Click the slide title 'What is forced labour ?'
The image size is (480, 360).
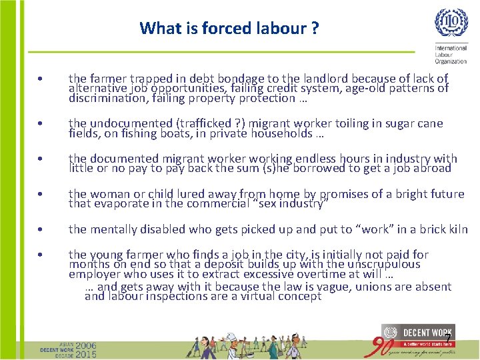coord(229,29)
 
